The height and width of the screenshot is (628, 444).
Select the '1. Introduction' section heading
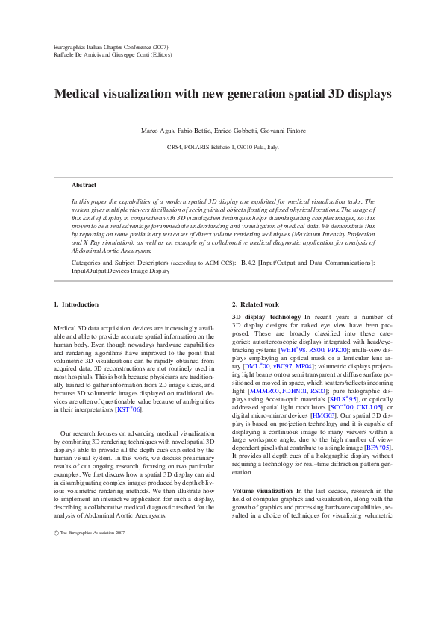pos(77,304)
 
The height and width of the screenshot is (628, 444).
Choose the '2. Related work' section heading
pos(255,304)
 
